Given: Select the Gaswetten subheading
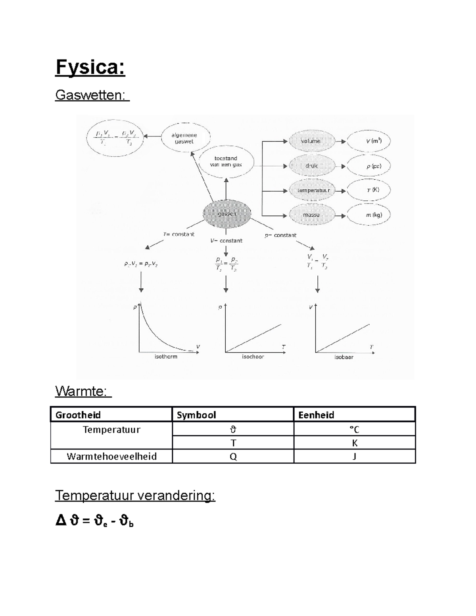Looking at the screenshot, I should point(92,95).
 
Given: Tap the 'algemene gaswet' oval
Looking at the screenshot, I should point(184,138).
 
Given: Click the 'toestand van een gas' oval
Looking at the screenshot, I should point(226,161).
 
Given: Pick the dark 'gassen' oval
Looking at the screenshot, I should point(227,214).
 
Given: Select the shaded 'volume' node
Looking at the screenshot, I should point(311,141).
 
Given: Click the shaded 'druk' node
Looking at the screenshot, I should point(311,166).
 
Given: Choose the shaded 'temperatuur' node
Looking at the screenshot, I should point(313,190).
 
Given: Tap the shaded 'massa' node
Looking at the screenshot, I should point(311,215).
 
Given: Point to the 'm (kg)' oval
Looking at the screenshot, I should point(369,215).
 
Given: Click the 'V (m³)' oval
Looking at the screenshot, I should point(369,141).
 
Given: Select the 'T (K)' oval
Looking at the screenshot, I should point(369,190).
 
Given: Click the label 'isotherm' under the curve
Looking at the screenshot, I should point(166,357).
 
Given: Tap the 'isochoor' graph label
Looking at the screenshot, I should point(253,357).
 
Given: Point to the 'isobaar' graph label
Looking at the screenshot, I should point(344,357).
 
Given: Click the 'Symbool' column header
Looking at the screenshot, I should point(196,415).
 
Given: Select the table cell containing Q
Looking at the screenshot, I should point(233,457).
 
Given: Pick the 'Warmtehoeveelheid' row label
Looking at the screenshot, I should point(112,457).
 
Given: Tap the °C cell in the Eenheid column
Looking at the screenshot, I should point(354,429).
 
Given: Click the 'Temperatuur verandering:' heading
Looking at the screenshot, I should point(135,495).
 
